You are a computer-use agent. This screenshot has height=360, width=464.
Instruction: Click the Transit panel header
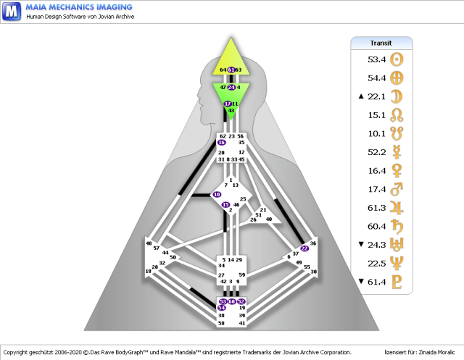(x=381, y=43)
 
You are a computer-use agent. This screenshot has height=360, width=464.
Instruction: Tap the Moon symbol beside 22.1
(x=397, y=96)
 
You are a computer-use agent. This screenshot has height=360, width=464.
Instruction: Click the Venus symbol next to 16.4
(x=397, y=170)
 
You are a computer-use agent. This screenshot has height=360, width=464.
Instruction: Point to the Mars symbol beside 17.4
(x=397, y=189)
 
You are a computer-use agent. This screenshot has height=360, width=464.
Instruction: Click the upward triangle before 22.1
(x=360, y=96)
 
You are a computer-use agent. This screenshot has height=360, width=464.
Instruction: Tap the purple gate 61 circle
(x=231, y=70)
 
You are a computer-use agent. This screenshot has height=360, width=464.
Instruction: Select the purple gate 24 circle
(x=231, y=87)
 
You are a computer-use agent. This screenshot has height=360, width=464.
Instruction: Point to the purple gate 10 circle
(x=216, y=195)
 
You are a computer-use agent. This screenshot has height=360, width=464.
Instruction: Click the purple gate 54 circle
(x=222, y=309)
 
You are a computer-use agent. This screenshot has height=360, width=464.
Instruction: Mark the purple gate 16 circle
(x=222, y=143)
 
